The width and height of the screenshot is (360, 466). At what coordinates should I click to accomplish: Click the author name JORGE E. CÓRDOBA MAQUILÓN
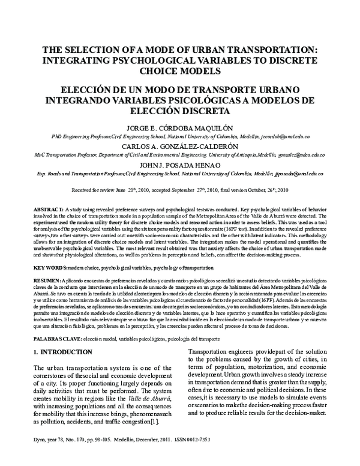pyautogui.click(x=179, y=128)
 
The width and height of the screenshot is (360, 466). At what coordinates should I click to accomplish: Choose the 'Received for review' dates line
pyautogui.click(x=179, y=189)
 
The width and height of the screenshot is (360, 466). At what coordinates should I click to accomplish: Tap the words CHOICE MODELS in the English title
pyautogui.click(x=179, y=71)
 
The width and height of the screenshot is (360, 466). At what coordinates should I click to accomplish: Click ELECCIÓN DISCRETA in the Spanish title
pyautogui.click(x=179, y=111)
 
